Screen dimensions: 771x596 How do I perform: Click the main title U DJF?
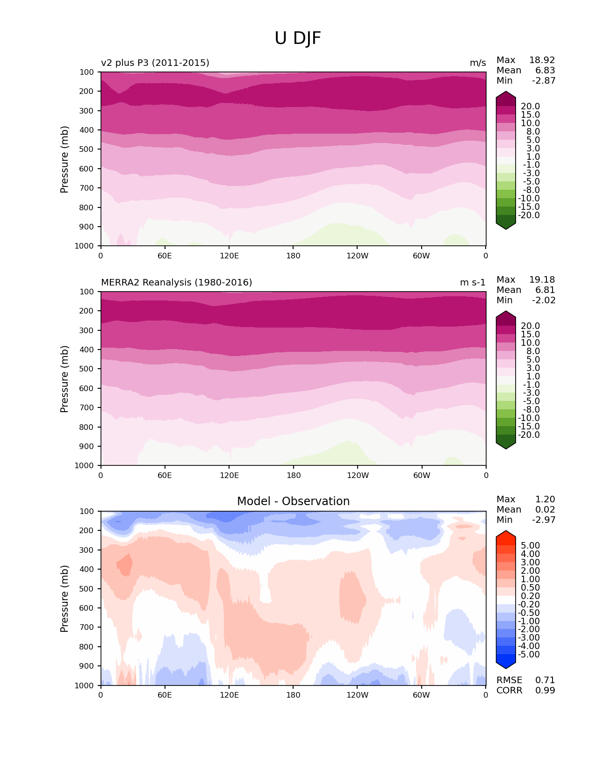pyautogui.click(x=298, y=38)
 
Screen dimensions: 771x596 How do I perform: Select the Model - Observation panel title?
pyautogui.click(x=293, y=501)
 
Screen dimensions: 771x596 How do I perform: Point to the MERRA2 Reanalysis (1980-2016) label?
pyautogui.click(x=176, y=282)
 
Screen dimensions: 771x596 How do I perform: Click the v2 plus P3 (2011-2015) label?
pyautogui.click(x=155, y=63)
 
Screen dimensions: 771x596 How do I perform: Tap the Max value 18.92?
pyautogui.click(x=542, y=60)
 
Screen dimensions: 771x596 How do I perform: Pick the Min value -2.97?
pyautogui.click(x=544, y=520)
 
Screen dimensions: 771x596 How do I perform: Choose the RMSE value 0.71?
pyautogui.click(x=545, y=680)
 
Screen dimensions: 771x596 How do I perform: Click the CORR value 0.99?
pyautogui.click(x=545, y=690)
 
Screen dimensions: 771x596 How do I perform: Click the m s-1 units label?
pyautogui.click(x=473, y=282)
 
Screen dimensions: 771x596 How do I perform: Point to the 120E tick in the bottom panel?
pyautogui.click(x=229, y=695)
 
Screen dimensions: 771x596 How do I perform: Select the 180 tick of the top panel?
pyautogui.click(x=294, y=256)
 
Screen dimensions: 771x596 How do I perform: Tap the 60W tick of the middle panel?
pyautogui.click(x=422, y=475)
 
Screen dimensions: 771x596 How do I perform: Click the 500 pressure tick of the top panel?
pyautogui.click(x=87, y=150)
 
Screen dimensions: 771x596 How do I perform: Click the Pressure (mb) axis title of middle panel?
pyautogui.click(x=65, y=379)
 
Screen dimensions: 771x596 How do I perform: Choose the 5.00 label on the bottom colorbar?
pyautogui.click(x=530, y=545)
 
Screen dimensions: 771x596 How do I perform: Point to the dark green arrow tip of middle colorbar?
pyautogui.click(x=506, y=445)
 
